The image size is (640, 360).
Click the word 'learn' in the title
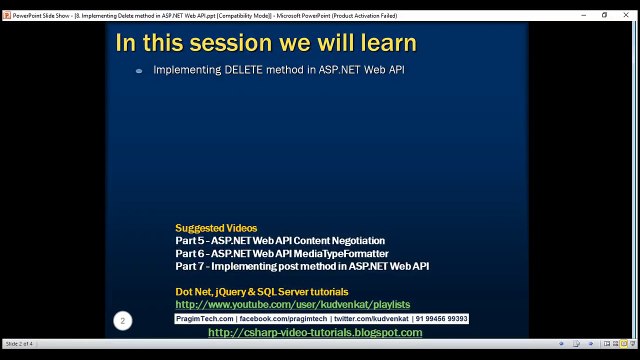(x=383, y=43)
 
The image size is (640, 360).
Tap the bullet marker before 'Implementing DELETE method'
(x=139, y=71)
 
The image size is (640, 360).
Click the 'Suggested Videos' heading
(x=216, y=228)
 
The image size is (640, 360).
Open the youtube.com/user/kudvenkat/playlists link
(x=292, y=304)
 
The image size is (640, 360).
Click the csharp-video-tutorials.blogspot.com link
(x=315, y=333)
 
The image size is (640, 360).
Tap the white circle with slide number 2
(x=122, y=320)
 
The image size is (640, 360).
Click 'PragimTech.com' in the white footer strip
(x=205, y=319)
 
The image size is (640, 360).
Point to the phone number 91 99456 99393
(x=440, y=319)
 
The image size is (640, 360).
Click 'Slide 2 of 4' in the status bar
(x=20, y=344)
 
